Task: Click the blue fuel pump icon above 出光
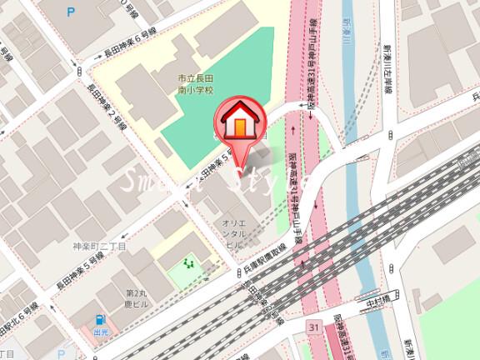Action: pyautogui.click(x=100, y=320)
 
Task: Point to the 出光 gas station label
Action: pyautogui.click(x=100, y=332)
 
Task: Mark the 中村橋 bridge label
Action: pyautogui.click(x=380, y=304)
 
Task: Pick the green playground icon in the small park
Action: pyautogui.click(x=189, y=265)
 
